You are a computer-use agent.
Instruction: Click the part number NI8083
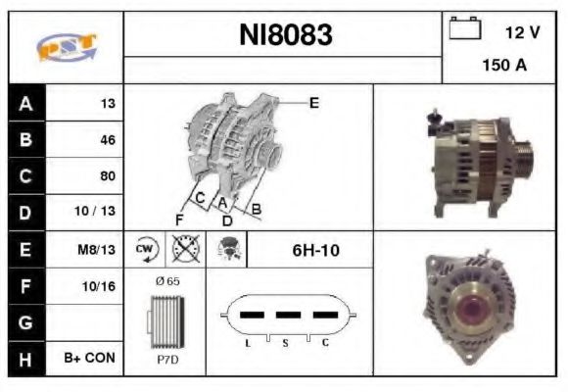[x=286, y=35]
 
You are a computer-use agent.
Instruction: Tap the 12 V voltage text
[x=522, y=32]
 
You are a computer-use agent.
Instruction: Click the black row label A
[x=24, y=103]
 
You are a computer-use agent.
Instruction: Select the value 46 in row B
[x=107, y=140]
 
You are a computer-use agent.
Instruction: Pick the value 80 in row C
[x=107, y=176]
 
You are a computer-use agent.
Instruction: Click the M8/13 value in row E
[x=97, y=250]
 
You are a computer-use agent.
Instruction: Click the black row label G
[x=24, y=321]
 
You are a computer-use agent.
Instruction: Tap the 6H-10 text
[x=315, y=250]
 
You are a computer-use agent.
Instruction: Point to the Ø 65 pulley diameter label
[x=166, y=281]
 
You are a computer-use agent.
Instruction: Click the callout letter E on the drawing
[x=313, y=102]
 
